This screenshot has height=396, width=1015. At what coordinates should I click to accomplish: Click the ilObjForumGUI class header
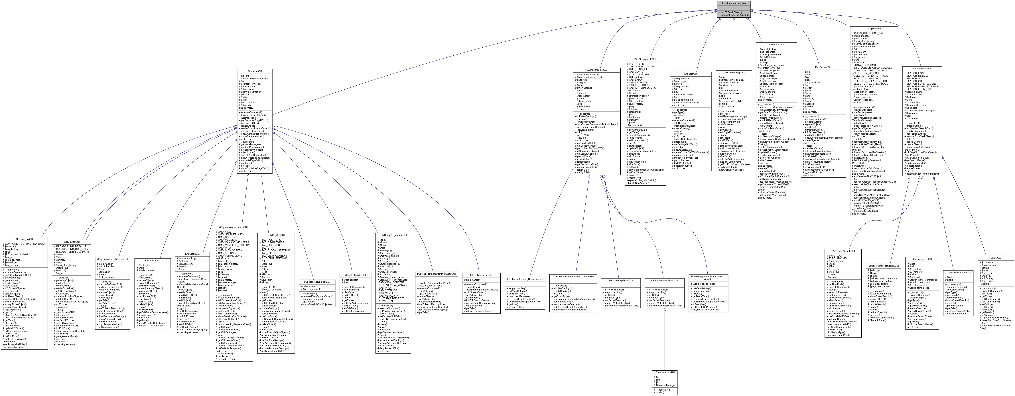[x=776, y=45]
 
